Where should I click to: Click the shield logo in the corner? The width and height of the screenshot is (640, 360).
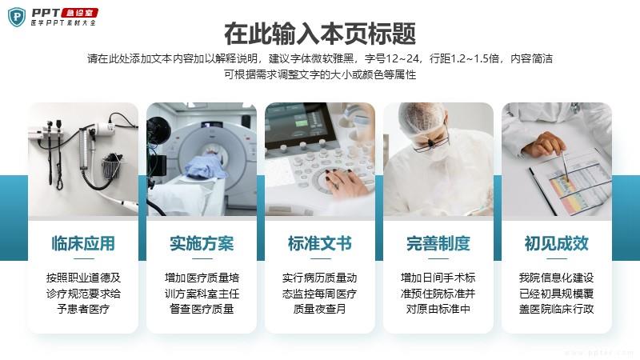click(x=17, y=17)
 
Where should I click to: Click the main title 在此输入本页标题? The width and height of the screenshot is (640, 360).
click(x=320, y=34)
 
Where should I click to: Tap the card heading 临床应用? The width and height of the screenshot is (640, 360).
click(x=83, y=244)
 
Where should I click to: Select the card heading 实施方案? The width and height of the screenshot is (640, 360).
click(x=202, y=244)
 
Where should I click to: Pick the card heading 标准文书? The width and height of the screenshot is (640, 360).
click(x=320, y=244)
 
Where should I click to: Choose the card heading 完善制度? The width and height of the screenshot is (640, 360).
click(x=438, y=244)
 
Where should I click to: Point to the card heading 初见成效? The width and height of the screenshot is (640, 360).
click(x=557, y=244)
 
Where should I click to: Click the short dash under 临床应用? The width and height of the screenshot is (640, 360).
click(x=83, y=258)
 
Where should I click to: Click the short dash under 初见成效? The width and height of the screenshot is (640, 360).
click(x=557, y=258)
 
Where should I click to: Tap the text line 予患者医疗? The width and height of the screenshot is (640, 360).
click(x=83, y=309)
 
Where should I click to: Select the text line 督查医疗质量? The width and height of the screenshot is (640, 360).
click(x=202, y=309)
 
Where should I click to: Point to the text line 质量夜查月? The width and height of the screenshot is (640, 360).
click(x=320, y=309)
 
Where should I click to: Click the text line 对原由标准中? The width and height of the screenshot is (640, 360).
click(x=438, y=309)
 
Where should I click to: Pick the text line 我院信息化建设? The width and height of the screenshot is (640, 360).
click(x=557, y=278)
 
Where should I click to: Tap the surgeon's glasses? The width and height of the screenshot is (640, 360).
click(x=431, y=144)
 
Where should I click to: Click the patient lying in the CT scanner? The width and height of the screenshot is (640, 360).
click(x=207, y=166)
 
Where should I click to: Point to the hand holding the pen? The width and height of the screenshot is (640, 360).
click(x=544, y=145)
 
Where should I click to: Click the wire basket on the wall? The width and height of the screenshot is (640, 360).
click(x=112, y=166)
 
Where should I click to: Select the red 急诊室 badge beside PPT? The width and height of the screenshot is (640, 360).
click(x=80, y=13)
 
